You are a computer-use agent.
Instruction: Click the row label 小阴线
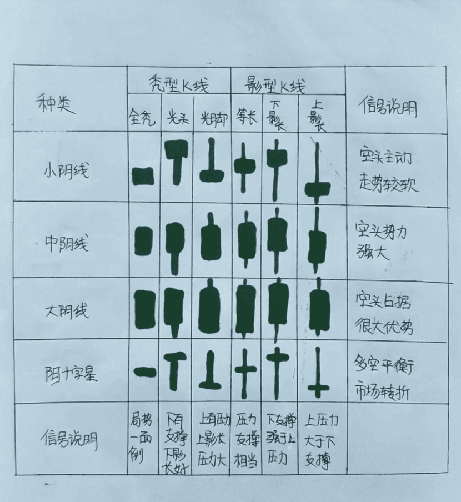[x=66, y=170]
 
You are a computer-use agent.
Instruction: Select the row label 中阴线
[x=66, y=244]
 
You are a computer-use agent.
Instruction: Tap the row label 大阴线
[x=66, y=311]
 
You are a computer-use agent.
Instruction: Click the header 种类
[x=54, y=103]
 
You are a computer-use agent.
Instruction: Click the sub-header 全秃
[x=143, y=119]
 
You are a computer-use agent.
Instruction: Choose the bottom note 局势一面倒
[x=142, y=439]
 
